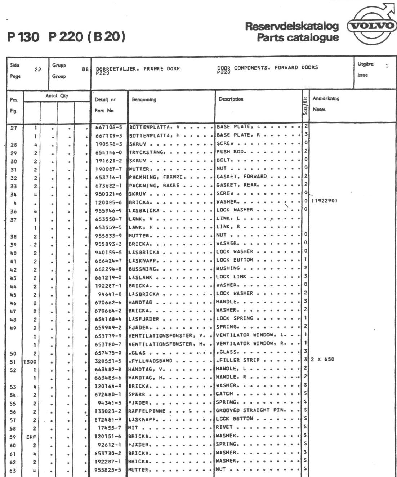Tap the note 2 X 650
point(322,359)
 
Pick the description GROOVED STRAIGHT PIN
point(250,410)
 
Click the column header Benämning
point(144,99)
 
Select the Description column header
point(231,99)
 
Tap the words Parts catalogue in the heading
point(298,37)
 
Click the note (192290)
point(324,202)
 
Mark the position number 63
point(13,470)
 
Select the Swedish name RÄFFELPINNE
point(147,411)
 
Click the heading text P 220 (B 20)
point(87,37)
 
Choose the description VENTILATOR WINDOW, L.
point(250,335)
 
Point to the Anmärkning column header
point(326,98)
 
